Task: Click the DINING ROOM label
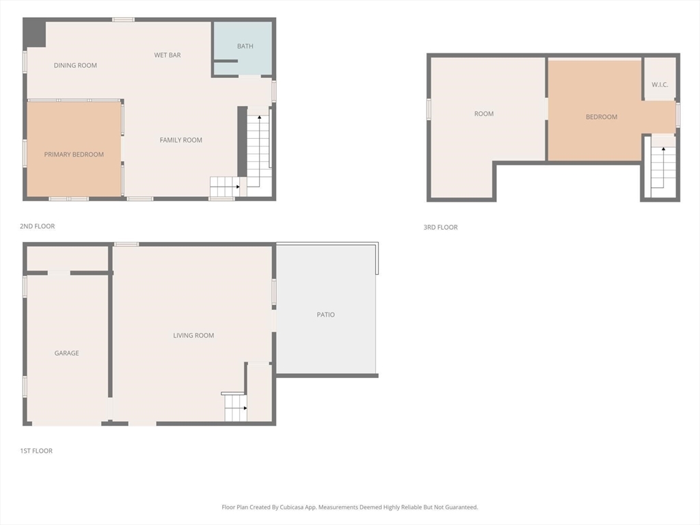coord(75,66)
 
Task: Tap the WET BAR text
coord(167,55)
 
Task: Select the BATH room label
coord(245,46)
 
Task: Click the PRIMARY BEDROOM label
coord(74,154)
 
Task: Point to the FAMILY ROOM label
coord(181,140)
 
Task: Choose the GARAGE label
coord(67,353)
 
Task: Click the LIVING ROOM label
coord(193,336)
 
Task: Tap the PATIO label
coord(326,315)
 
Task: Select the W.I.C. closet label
coord(660,85)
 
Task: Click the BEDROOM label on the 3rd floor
coord(602,117)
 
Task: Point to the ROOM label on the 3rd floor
coord(484,114)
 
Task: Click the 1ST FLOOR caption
coord(36,451)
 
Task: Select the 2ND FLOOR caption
coord(38,226)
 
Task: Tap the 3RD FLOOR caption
coord(440,228)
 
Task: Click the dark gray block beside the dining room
coord(34,33)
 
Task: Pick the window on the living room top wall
coord(126,244)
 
